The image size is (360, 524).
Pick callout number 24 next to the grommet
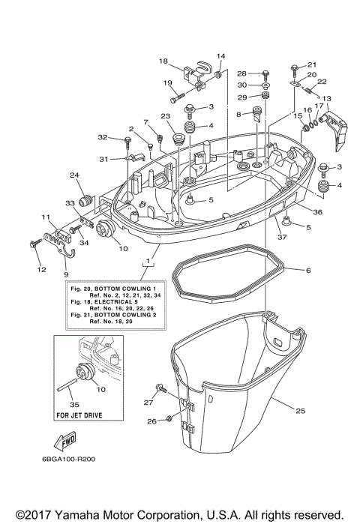75,175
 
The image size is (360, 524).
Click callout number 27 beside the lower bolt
148,403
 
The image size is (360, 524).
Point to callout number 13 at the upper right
326,98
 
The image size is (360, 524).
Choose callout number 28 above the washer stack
241,73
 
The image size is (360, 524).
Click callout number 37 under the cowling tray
283,238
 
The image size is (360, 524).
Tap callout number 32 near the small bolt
103,138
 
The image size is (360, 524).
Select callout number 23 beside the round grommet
166,116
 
